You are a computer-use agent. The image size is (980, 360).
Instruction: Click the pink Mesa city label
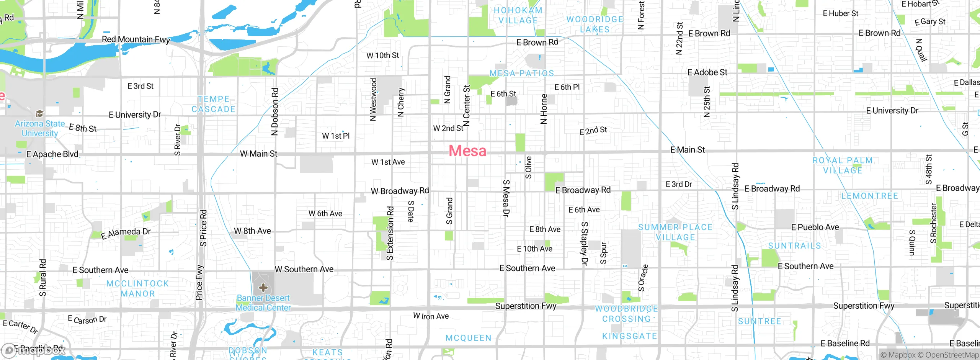(x=467, y=151)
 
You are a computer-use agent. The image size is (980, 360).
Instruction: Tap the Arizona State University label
(x=40, y=129)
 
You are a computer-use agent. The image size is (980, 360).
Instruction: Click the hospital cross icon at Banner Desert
(x=263, y=287)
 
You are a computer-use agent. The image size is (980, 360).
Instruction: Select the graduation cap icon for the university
(x=39, y=113)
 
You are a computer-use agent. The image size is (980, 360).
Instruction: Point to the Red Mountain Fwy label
(x=136, y=39)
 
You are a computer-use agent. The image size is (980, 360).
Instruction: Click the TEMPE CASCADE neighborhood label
(x=214, y=104)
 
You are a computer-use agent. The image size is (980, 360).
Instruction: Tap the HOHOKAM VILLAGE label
(x=518, y=15)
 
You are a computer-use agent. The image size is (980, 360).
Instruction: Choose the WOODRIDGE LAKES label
(x=595, y=24)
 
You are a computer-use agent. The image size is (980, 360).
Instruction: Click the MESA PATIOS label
(x=521, y=73)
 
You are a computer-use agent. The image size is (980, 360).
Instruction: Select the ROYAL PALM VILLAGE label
(x=843, y=165)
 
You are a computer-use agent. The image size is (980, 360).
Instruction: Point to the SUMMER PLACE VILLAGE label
(x=675, y=232)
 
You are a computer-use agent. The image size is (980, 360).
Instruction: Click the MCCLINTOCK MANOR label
(x=137, y=288)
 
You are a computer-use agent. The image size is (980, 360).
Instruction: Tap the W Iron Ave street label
(x=431, y=316)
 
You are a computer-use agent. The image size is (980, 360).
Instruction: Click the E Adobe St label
(x=707, y=72)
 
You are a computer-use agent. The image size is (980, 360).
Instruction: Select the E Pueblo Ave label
(x=815, y=227)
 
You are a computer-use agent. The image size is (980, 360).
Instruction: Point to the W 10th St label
(x=382, y=56)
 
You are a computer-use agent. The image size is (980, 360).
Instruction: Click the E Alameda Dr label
(x=126, y=233)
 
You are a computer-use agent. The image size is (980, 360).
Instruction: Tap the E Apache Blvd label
(x=52, y=154)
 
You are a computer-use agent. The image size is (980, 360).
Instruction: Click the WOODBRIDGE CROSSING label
(x=626, y=314)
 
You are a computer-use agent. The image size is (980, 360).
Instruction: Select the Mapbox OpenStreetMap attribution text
(x=929, y=355)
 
